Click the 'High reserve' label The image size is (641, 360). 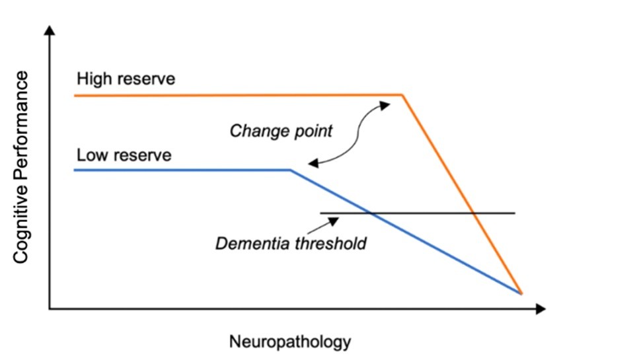(x=126, y=79)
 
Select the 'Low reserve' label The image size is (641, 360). (x=124, y=156)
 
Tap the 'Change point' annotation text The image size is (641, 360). (x=281, y=130)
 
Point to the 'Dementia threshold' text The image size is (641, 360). (x=291, y=244)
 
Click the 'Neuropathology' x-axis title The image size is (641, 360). (x=289, y=342)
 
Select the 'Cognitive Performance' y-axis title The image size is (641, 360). (x=21, y=168)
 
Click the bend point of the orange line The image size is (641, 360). (x=402, y=95)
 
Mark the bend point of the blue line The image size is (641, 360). (x=290, y=170)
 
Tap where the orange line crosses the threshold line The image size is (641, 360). (x=474, y=213)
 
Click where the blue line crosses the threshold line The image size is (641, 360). (x=371, y=213)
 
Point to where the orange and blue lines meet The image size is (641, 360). (x=521, y=293)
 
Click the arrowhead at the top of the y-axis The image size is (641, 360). (x=50, y=30)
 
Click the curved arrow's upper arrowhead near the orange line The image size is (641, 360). (x=383, y=104)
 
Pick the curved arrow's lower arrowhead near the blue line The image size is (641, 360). (x=312, y=163)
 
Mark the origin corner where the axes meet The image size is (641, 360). (x=50, y=308)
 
